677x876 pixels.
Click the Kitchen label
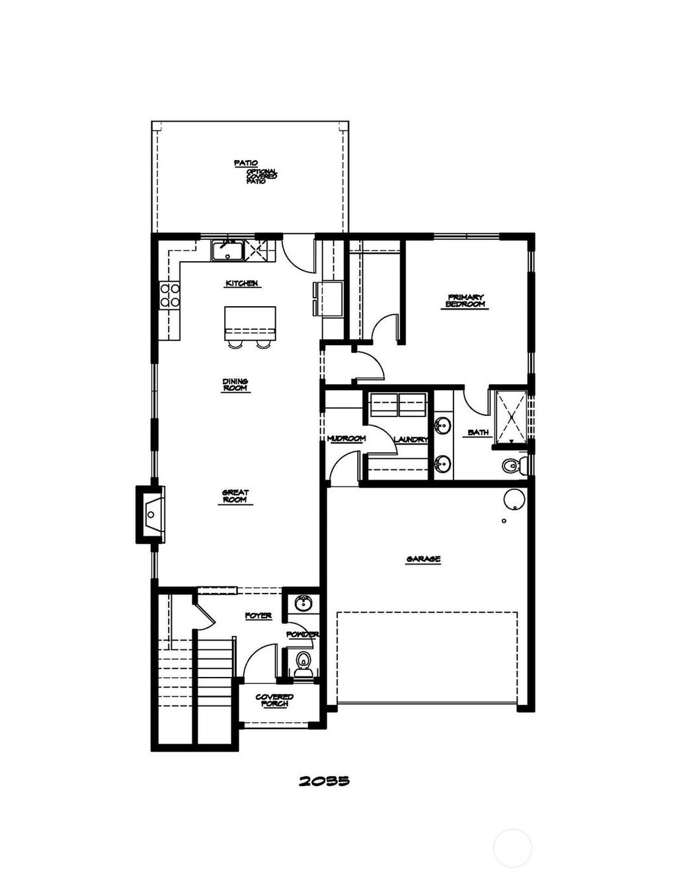pyautogui.click(x=241, y=283)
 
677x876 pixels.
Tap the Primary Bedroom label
pyautogui.click(x=465, y=301)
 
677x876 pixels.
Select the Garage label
pyautogui.click(x=423, y=559)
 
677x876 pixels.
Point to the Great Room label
pyautogui.click(x=235, y=496)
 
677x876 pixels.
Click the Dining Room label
pyautogui.click(x=235, y=385)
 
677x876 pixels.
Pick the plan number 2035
pyautogui.click(x=324, y=781)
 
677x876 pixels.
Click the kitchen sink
pyautogui.click(x=227, y=251)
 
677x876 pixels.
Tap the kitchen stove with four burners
pyautogui.click(x=170, y=295)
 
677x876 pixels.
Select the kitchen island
pyautogui.click(x=250, y=323)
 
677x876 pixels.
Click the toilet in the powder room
pyautogui.click(x=303, y=661)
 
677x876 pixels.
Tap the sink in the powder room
pyautogui.click(x=303, y=603)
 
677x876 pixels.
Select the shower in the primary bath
pyautogui.click(x=511, y=417)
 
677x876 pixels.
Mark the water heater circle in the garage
pyautogui.click(x=514, y=500)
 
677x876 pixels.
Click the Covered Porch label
pyautogui.click(x=274, y=700)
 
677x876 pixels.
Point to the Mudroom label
pyautogui.click(x=346, y=439)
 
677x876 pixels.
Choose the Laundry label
pyautogui.click(x=411, y=440)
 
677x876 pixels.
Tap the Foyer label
pyautogui.click(x=258, y=616)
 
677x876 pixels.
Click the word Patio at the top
pyautogui.click(x=245, y=163)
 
